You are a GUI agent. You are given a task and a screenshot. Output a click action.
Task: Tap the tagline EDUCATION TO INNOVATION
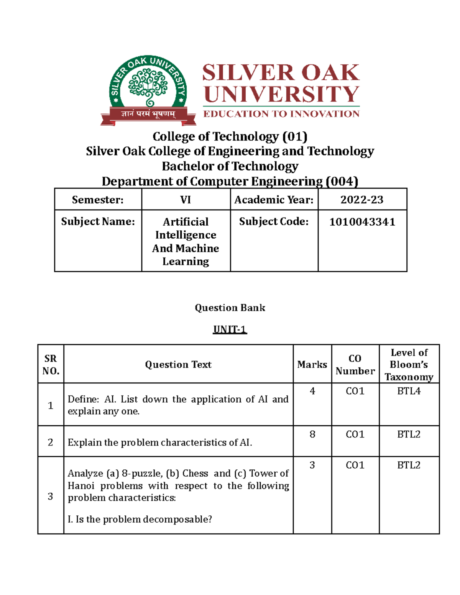point(281,114)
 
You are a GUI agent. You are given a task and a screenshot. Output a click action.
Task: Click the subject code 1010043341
point(362,222)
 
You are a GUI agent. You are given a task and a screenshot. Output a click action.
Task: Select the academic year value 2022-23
point(362,200)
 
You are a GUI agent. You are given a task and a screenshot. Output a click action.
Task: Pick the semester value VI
point(186,200)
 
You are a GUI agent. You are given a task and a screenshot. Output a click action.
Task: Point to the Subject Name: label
point(98,221)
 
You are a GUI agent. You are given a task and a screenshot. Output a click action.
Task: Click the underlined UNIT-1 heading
point(230,329)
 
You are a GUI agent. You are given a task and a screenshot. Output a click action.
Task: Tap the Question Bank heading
point(230,308)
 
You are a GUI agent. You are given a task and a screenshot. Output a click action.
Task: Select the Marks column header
point(312,364)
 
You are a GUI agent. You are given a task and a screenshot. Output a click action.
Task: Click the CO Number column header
point(355,364)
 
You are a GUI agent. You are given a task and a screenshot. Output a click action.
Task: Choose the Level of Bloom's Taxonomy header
point(409,364)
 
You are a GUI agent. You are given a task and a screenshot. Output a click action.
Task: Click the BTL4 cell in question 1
point(409,391)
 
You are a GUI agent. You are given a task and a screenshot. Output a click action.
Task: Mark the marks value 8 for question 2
point(312,434)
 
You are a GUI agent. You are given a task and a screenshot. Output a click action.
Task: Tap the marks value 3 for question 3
point(312,465)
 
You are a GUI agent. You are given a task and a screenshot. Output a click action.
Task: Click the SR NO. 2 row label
point(50,442)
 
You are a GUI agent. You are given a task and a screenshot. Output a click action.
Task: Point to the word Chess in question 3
point(195,474)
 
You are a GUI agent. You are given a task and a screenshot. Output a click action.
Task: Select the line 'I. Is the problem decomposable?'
point(140,519)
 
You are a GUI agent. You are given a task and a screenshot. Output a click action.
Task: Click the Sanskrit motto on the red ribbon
point(148,114)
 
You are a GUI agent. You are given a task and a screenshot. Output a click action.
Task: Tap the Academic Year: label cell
point(274,200)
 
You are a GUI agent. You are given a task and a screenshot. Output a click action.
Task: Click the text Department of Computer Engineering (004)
point(230,181)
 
